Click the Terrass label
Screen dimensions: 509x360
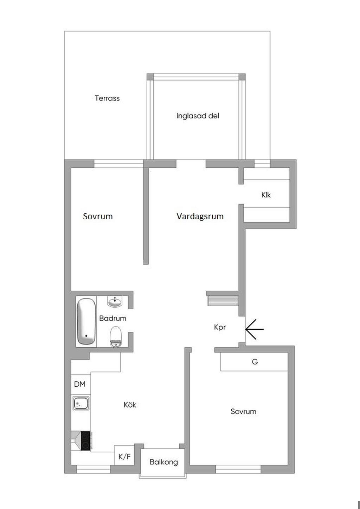(x=107, y=98)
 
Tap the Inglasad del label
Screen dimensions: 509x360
(x=198, y=116)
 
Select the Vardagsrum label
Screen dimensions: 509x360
(x=200, y=216)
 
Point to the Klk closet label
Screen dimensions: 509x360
(x=266, y=195)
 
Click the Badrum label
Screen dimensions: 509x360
(x=112, y=318)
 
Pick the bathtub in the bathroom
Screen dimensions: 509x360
(x=86, y=322)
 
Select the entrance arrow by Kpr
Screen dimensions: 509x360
(x=255, y=329)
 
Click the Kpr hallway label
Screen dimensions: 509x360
(x=220, y=327)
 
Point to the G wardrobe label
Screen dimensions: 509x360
(x=255, y=361)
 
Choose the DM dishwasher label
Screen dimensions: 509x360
(x=80, y=384)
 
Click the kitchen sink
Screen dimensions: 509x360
(x=81, y=403)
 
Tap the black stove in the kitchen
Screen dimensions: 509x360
(x=85, y=441)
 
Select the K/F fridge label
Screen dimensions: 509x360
(x=124, y=457)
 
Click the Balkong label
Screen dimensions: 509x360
(x=164, y=462)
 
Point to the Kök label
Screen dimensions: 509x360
(x=130, y=405)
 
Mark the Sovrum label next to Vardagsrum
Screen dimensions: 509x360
(x=98, y=216)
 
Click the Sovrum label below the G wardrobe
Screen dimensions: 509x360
(x=243, y=411)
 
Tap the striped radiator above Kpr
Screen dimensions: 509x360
(x=223, y=301)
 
